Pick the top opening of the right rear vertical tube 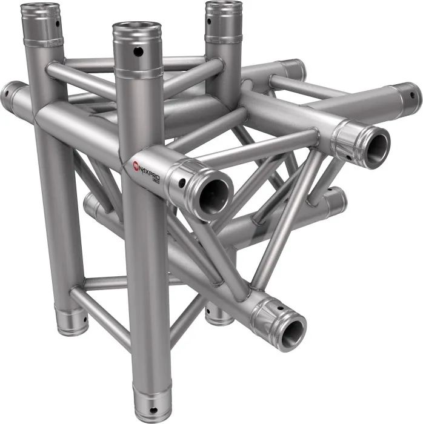(224, 7)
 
